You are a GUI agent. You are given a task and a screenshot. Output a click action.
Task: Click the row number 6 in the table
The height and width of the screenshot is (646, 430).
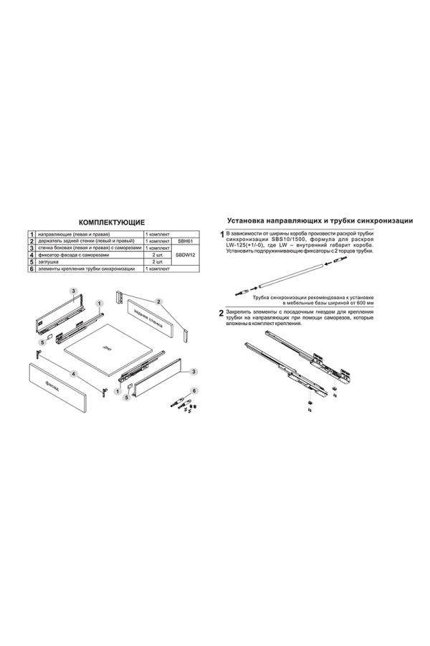pos(32,269)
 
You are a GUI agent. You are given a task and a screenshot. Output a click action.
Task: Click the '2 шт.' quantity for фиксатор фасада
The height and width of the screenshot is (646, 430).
pos(158,255)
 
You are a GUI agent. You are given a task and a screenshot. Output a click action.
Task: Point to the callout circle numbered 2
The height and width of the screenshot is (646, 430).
pos(159,301)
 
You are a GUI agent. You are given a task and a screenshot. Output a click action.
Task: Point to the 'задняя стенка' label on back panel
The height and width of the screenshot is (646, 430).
pos(155,317)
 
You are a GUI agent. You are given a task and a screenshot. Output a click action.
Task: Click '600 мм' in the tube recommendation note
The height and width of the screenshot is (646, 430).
pos(364,304)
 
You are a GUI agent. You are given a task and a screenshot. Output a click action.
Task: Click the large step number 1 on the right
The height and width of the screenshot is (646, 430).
pos(221,235)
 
